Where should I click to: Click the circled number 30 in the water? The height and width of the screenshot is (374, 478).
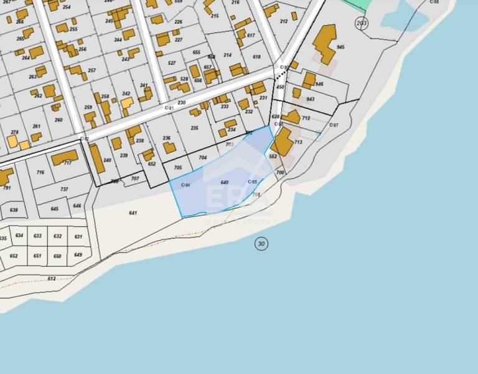click(261, 244)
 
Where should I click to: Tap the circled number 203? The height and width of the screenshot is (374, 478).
click(361, 24)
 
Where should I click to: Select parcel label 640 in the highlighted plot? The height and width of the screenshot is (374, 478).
click(225, 182)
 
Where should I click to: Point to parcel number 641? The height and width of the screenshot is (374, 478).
click(133, 213)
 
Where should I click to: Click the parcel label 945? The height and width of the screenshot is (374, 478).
click(340, 47)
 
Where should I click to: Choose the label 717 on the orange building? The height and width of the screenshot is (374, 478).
click(67, 163)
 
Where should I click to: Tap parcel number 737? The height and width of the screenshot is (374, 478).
click(64, 189)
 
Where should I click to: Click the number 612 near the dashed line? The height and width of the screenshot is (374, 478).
click(51, 279)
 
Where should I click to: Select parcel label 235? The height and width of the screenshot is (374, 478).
click(194, 128)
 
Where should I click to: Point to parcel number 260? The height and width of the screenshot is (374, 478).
click(59, 120)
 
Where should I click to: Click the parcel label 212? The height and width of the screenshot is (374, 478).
click(284, 22)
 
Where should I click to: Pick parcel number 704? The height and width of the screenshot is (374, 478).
click(202, 158)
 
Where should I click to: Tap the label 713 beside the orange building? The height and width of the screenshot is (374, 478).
click(298, 142)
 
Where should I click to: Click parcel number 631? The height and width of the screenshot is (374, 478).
click(78, 237)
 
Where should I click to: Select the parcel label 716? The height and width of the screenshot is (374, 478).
click(40, 173)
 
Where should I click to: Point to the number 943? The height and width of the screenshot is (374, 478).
click(311, 99)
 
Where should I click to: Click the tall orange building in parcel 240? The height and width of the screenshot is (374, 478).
click(96, 158)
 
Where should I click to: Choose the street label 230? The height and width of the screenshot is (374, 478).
click(182, 103)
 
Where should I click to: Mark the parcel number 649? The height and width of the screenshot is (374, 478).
click(78, 255)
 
